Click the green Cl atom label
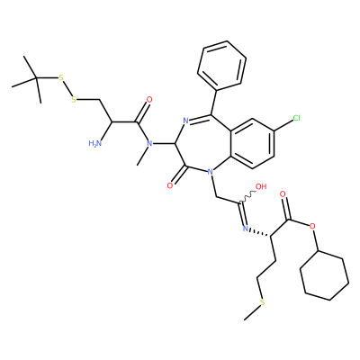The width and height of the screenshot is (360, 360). [x=296, y=118]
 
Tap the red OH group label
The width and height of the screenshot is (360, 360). [x=261, y=186]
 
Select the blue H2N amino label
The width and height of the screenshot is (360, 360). [x=95, y=143]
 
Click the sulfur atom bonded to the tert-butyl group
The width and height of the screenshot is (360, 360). [x=61, y=78]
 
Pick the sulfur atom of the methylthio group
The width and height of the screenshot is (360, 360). [x=263, y=302]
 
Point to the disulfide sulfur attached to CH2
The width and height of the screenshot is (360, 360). [x=74, y=99]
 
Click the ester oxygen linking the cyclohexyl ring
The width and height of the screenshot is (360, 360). [x=313, y=226]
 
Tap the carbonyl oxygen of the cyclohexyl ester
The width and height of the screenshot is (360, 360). [x=283, y=194]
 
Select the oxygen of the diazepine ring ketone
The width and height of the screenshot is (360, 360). [x=170, y=185]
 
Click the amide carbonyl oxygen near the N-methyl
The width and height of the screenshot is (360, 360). [x=149, y=100]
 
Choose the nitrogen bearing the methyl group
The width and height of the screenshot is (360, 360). [x=149, y=143]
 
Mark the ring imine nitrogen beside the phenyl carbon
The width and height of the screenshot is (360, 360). [x=185, y=121]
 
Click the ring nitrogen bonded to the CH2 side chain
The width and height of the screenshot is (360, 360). [x=210, y=172]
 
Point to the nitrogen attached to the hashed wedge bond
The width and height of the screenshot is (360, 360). [x=246, y=229]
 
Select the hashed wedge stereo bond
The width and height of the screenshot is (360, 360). [x=260, y=233]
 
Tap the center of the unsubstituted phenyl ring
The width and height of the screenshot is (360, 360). [x=222, y=66]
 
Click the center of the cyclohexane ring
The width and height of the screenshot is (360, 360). [x=325, y=275]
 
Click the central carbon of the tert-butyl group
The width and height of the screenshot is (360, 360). [x=36, y=78]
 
